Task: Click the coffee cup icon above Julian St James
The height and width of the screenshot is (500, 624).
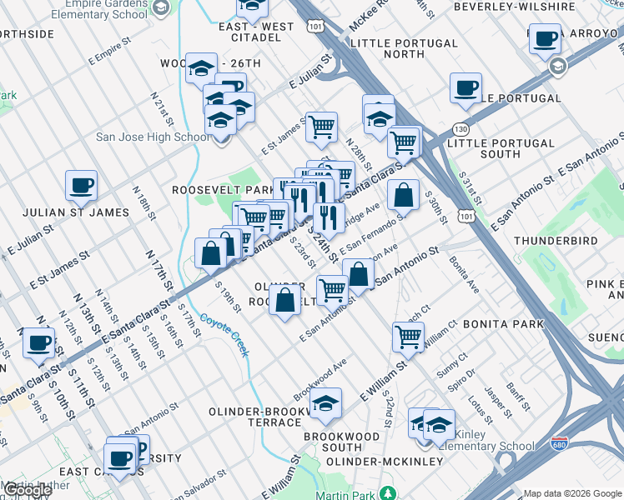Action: tap(81, 185)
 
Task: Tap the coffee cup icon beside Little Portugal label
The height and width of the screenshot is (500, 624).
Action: tap(465, 87)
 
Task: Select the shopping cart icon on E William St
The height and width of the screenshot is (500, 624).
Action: tap(408, 336)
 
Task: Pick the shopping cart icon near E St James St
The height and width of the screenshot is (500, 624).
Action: tap(321, 127)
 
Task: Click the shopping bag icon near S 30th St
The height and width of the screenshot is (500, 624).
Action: tap(403, 195)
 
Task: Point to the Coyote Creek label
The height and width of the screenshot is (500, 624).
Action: tap(224, 333)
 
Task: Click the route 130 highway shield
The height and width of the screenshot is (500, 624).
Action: tap(461, 129)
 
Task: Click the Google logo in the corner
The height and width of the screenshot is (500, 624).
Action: tap(27, 490)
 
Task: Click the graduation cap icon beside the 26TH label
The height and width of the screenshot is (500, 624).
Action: tap(201, 68)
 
